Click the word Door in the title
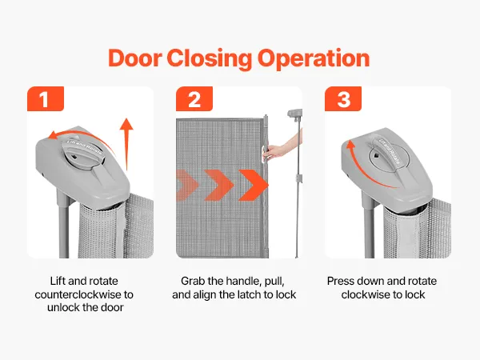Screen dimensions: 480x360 135,58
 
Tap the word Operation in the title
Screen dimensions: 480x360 314,58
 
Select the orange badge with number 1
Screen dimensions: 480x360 46,99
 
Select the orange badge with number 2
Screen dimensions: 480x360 194,99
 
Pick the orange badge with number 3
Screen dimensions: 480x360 343,99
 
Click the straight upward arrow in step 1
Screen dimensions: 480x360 126,144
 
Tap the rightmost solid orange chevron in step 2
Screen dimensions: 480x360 254,185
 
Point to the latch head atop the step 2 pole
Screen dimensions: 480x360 294,113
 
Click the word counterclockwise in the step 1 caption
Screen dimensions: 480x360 79,294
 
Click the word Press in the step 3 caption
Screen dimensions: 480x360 338,281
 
